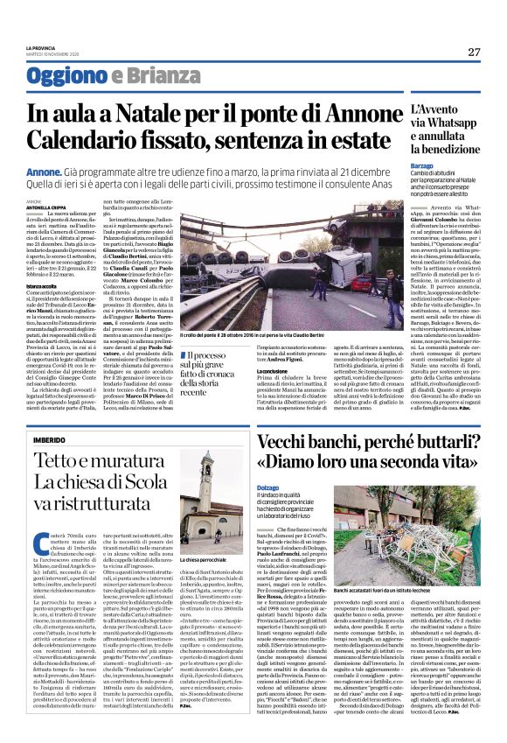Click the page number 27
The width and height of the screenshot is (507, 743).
tap(473, 52)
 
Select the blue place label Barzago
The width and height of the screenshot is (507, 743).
tap(422, 164)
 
